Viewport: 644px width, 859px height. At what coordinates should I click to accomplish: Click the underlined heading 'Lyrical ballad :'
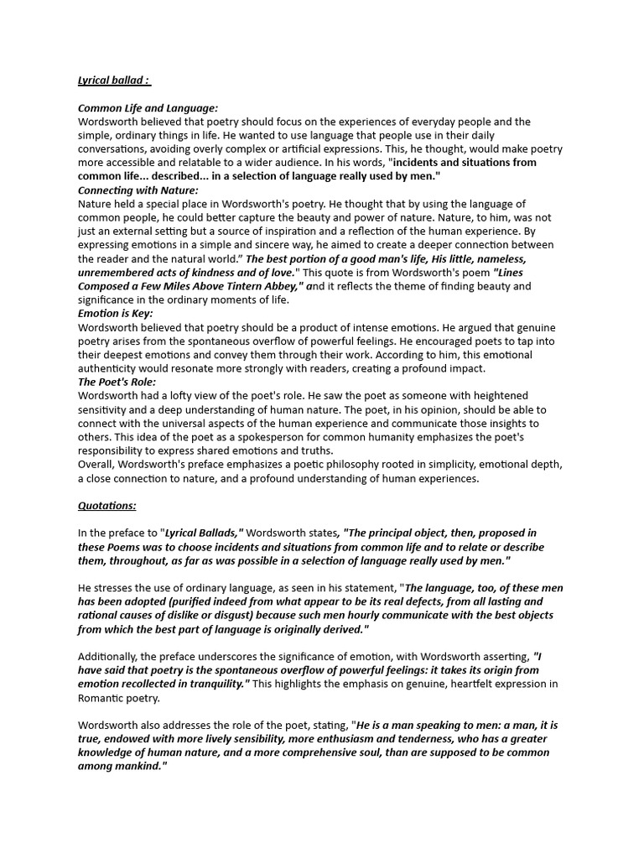114,81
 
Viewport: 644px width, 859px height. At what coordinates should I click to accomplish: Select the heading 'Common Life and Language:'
148,108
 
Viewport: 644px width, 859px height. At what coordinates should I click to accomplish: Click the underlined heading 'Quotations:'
107,506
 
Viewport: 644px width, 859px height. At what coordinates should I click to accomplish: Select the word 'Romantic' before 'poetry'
101,697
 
